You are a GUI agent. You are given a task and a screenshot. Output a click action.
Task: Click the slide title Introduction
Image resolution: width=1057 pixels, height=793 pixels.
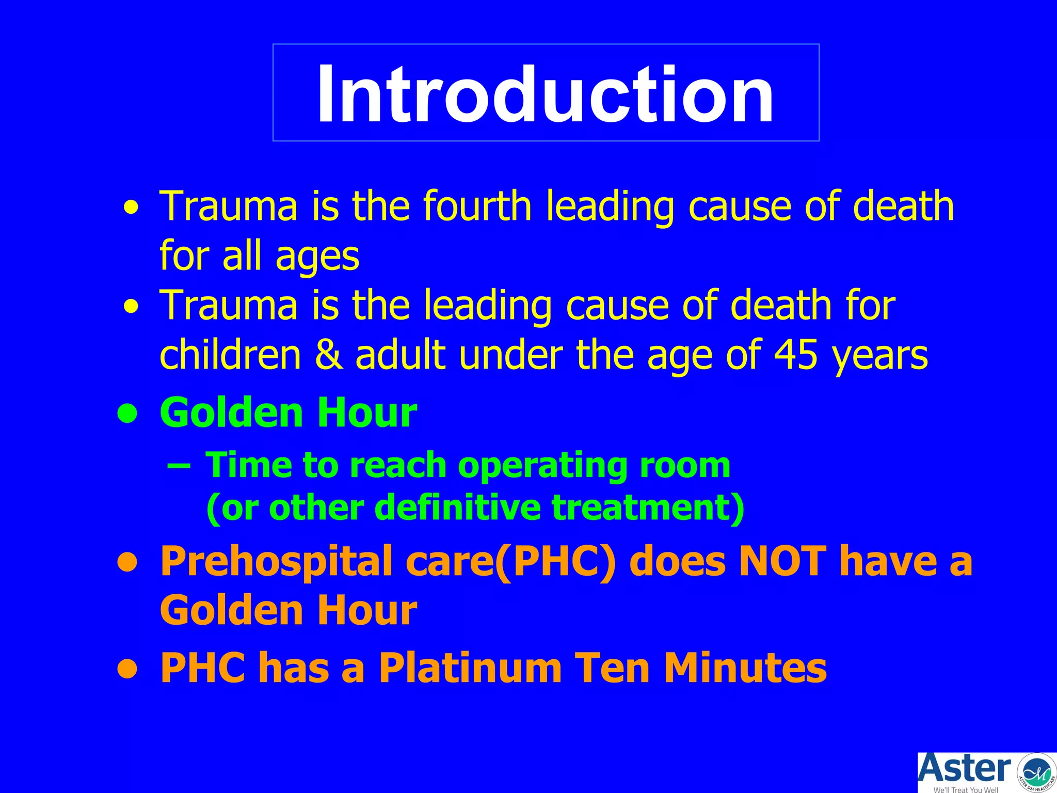(x=545, y=94)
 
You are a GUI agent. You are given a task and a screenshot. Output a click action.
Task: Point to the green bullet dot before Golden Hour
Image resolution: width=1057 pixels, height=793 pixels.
(x=127, y=414)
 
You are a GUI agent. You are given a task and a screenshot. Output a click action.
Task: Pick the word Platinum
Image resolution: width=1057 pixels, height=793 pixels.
(x=470, y=668)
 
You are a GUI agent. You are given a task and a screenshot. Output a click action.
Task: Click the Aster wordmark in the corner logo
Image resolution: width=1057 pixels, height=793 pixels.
(x=964, y=769)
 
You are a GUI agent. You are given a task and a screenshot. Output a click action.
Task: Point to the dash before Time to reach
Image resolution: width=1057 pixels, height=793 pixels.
(x=179, y=465)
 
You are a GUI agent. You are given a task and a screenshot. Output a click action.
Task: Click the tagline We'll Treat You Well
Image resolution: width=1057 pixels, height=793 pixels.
(x=965, y=789)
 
